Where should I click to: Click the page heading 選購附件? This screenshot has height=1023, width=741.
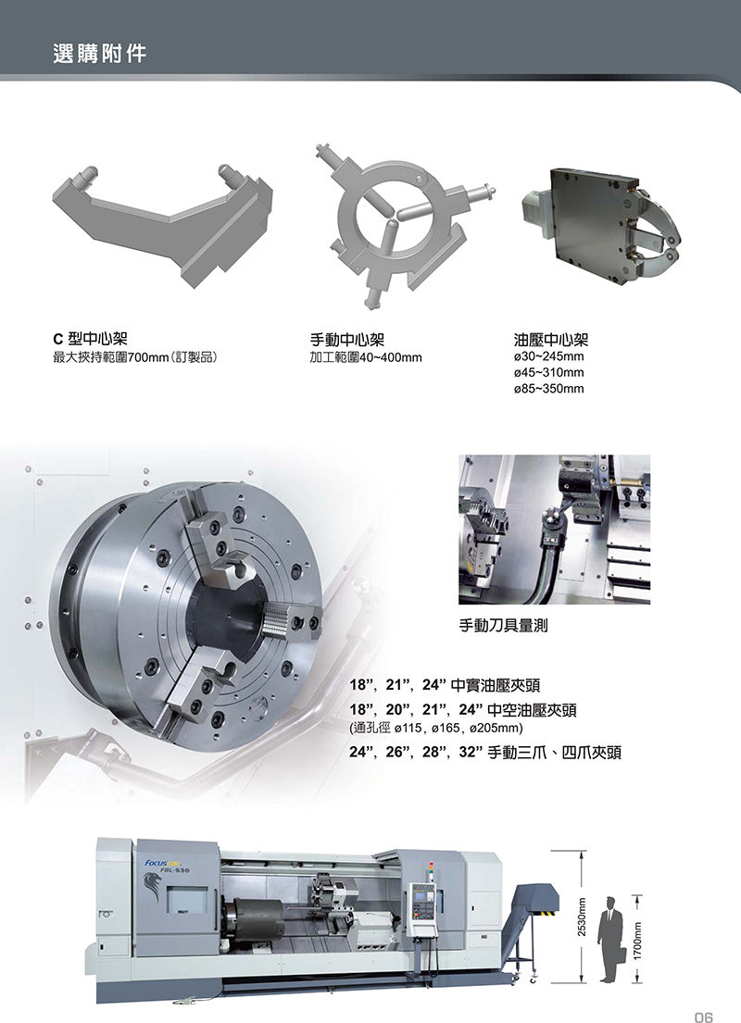pos(99,54)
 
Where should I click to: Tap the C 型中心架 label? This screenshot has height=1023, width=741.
pos(90,339)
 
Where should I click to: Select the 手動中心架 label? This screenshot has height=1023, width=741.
pos(346,339)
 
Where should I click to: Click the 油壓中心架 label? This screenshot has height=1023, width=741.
pos(551,339)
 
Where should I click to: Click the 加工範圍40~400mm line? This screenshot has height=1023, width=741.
pos(366,357)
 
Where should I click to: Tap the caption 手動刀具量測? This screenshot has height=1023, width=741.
pos(503,626)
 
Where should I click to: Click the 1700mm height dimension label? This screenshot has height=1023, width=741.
pos(638,941)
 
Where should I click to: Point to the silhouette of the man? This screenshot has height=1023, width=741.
pos(610,939)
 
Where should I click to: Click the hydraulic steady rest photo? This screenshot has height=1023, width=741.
pos(601,227)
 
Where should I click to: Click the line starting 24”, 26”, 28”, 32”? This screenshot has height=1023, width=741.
pos(485,753)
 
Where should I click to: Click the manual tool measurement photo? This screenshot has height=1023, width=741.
pos(554,530)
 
